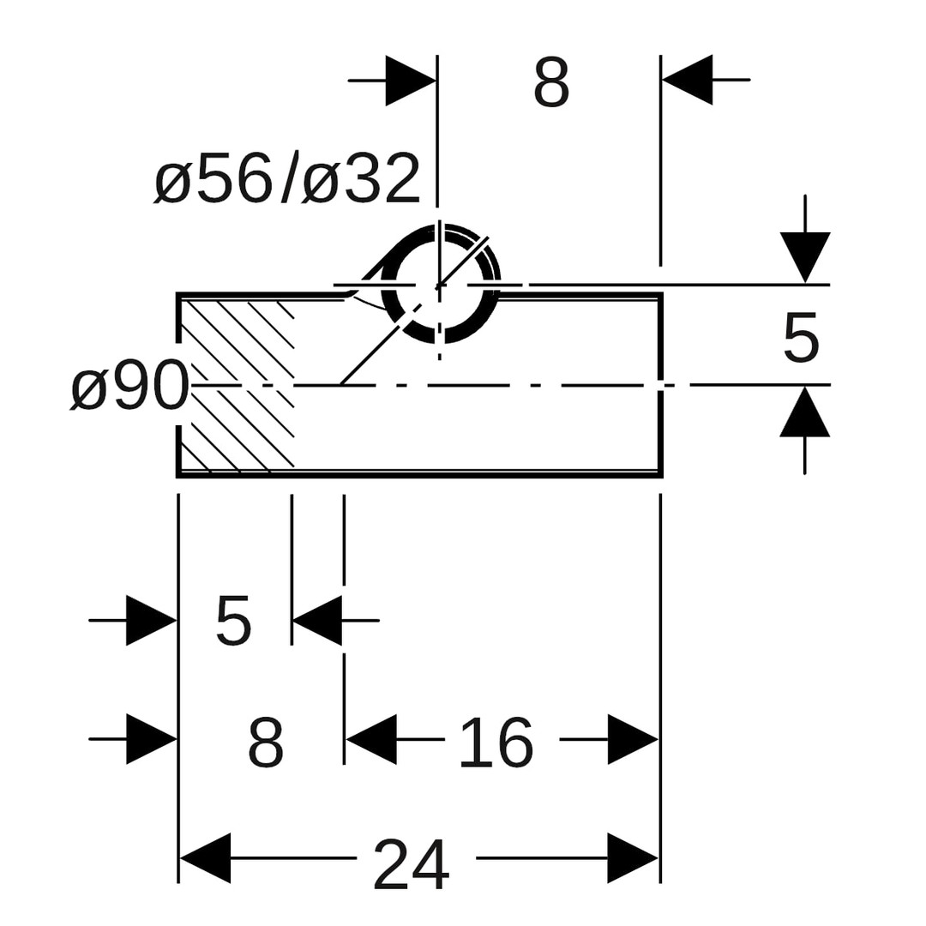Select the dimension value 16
pyautogui.click(x=496, y=743)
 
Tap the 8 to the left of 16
pyautogui.click(x=266, y=743)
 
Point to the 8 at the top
pyautogui.click(x=551, y=83)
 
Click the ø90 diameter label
pyautogui.click(x=130, y=386)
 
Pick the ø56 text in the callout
pyautogui.click(x=213, y=177)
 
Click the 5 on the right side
pyautogui.click(x=801, y=339)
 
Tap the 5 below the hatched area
pyautogui.click(x=233, y=621)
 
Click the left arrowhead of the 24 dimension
pyautogui.click(x=204, y=858)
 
